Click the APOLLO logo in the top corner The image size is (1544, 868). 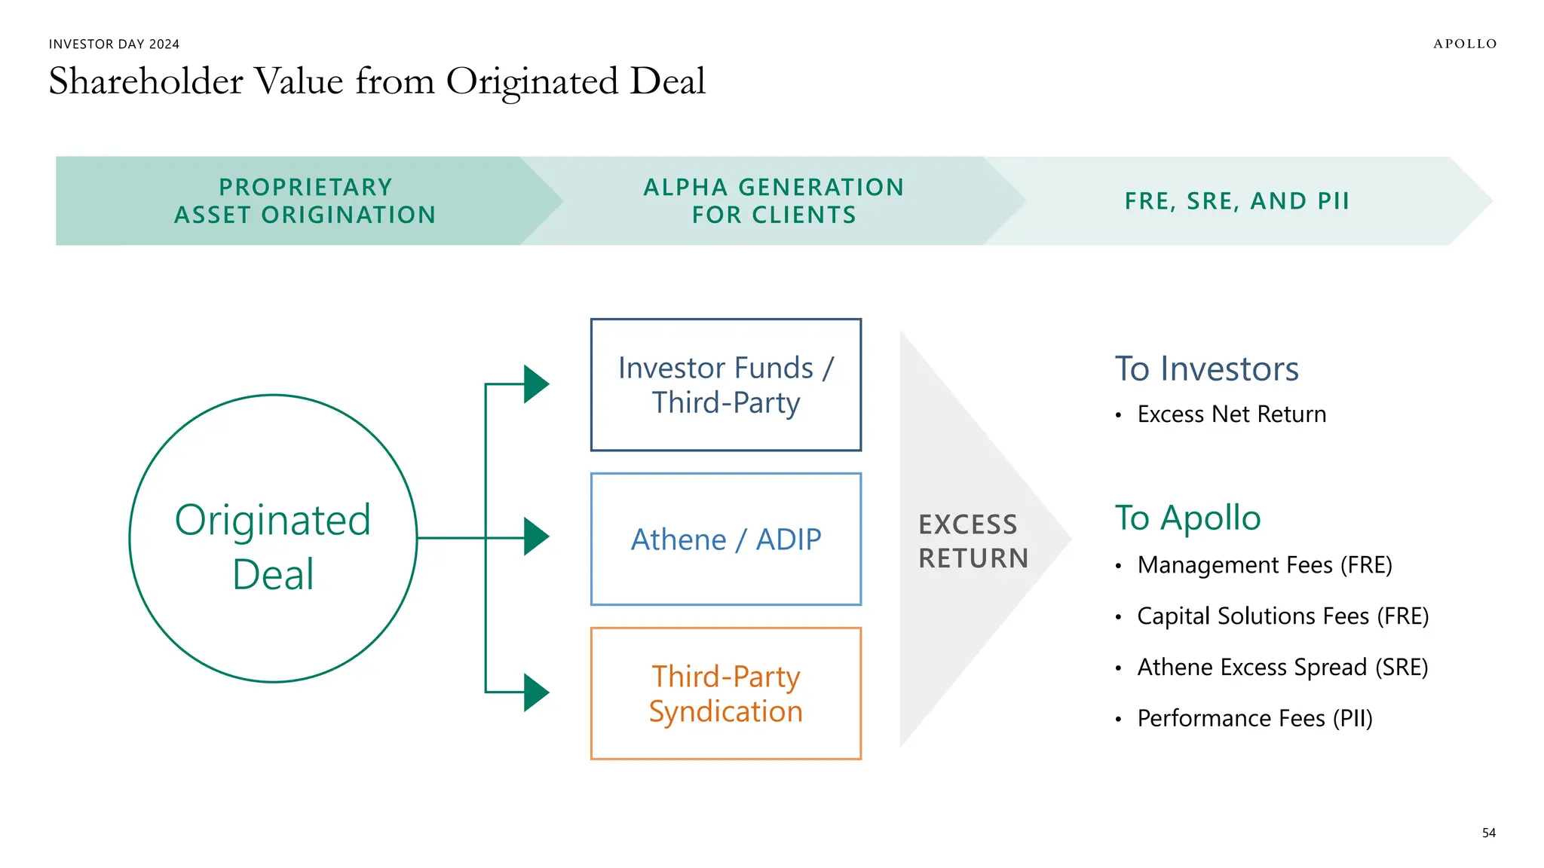tap(1464, 44)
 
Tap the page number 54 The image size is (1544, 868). tap(1488, 833)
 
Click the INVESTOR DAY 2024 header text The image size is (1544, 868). tap(114, 44)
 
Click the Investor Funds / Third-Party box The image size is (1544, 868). tap(725, 385)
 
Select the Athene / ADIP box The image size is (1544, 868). tap(725, 539)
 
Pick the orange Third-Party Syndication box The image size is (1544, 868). tap(725, 693)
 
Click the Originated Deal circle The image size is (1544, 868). tap(273, 539)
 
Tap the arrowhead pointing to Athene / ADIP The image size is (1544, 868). tap(535, 537)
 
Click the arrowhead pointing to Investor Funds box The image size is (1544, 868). tap(535, 384)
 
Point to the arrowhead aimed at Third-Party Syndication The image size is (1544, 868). tap(535, 692)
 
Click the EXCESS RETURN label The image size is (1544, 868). tap(973, 541)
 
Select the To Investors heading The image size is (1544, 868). tap(1206, 369)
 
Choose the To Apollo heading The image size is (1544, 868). tap(1187, 518)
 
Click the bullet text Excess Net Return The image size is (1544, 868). tap(1231, 414)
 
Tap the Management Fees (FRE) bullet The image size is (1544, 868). tap(1264, 565)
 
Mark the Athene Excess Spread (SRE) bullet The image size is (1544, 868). tap(1282, 668)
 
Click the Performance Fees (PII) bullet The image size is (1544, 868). tap(1254, 719)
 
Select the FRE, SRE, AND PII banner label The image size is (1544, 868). tap(1236, 201)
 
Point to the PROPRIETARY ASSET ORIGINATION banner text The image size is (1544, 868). tap(305, 201)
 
